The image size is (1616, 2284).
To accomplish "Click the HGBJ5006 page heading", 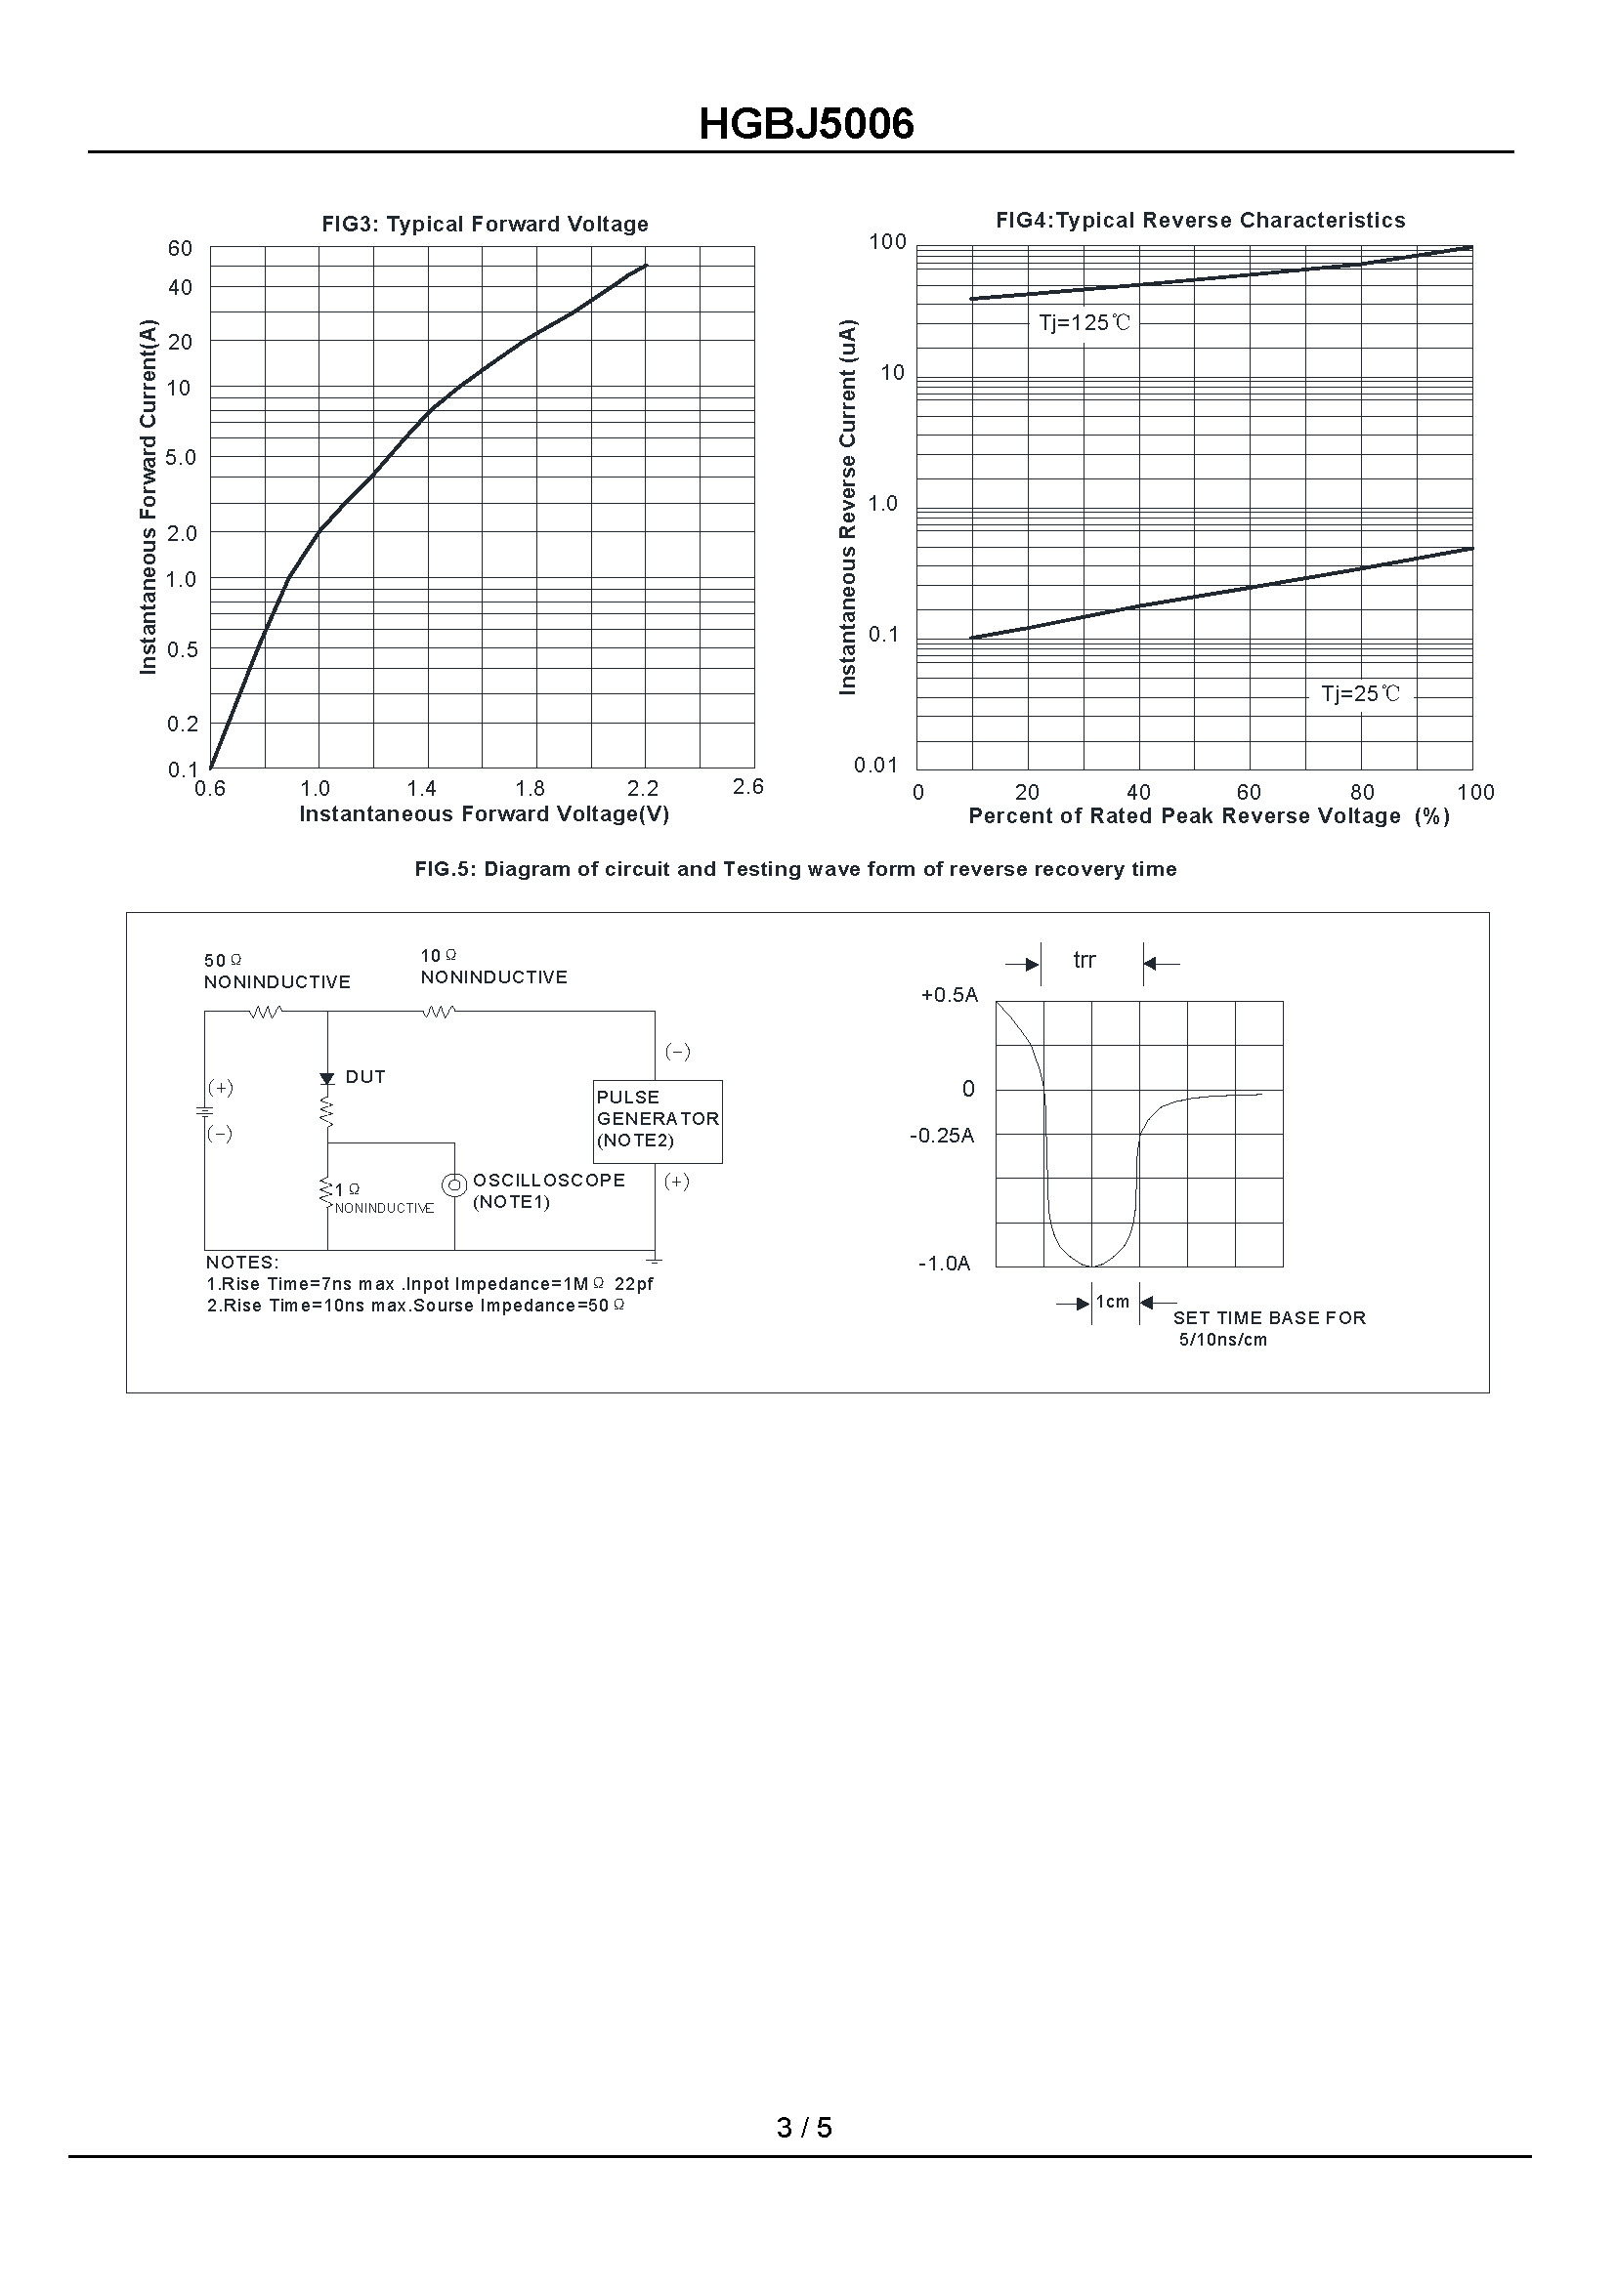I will click(806, 124).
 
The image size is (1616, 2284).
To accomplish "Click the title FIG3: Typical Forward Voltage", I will click(485, 225).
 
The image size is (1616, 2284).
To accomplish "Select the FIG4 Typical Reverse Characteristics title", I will click(1200, 221).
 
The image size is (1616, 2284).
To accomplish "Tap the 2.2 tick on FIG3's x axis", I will click(643, 789).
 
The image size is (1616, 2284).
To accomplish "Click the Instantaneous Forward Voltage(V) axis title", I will click(484, 814).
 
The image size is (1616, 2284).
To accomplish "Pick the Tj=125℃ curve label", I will click(1084, 323).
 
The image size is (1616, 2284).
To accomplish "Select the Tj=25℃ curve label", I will click(1359, 694).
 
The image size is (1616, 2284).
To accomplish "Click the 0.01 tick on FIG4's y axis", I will click(875, 765).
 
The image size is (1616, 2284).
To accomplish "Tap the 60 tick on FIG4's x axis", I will click(1249, 793).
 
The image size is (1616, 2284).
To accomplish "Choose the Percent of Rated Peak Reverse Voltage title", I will click(1208, 816).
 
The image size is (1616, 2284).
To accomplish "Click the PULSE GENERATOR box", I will click(657, 1120).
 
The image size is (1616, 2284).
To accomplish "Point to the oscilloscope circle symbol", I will click(453, 1184).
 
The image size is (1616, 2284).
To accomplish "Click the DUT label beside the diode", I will click(364, 1077).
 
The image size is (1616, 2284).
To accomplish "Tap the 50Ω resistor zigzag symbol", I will click(265, 1012).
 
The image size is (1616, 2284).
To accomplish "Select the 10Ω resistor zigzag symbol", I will click(439, 1012).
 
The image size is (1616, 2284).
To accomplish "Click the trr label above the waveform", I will click(1084, 961).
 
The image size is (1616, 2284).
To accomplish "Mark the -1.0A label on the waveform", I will click(944, 1265).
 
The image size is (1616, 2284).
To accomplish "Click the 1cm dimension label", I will click(1113, 1303).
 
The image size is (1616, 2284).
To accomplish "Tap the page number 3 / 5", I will click(804, 2128).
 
